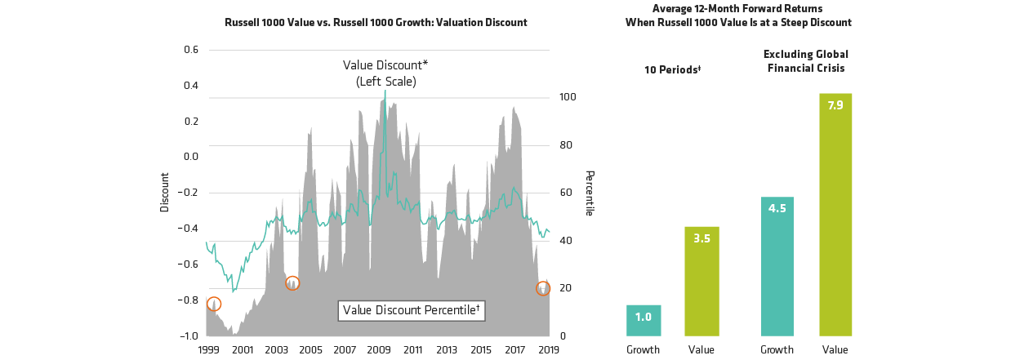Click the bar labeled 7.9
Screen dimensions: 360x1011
(x=835, y=214)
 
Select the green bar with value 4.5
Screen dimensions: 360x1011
(x=777, y=266)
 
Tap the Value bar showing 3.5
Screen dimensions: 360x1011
(x=701, y=281)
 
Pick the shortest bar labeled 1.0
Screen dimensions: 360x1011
(x=644, y=320)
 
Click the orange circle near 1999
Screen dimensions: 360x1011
(x=214, y=304)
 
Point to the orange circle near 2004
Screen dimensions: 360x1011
(x=292, y=283)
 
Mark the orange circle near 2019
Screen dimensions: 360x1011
(x=543, y=288)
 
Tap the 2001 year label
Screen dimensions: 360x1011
(x=242, y=349)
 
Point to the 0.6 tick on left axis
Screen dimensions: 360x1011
(x=191, y=50)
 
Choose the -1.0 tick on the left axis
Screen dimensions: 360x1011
(x=189, y=336)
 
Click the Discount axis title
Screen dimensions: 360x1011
(x=164, y=193)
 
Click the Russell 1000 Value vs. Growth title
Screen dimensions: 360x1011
(x=376, y=22)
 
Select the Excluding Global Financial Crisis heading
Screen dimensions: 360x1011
(x=805, y=61)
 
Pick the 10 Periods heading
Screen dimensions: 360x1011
(x=674, y=69)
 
